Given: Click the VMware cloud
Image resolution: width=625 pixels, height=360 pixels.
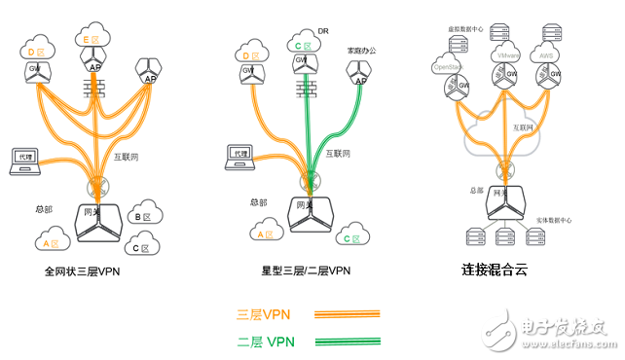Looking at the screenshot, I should (506, 57).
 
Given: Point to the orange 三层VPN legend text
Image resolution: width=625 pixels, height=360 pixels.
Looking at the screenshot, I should (264, 314).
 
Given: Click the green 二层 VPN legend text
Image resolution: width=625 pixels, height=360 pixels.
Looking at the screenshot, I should (265, 341).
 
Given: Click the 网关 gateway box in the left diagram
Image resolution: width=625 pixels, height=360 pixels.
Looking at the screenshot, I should (98, 220).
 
